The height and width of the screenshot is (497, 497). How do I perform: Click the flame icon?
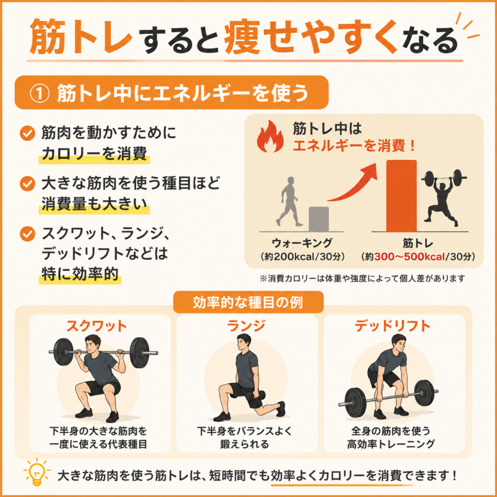(x=270, y=136)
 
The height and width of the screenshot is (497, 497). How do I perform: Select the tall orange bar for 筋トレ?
(x=401, y=196)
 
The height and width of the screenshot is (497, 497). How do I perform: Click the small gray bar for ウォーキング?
(x=318, y=219)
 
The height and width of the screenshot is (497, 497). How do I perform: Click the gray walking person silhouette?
(x=287, y=202)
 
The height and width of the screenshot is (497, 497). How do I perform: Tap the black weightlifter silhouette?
(x=443, y=197)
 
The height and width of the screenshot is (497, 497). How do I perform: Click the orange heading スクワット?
(x=97, y=326)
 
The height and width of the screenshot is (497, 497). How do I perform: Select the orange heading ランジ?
(x=246, y=326)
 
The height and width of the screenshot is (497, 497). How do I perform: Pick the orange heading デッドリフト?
(x=393, y=326)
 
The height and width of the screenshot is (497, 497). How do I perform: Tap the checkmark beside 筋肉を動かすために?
(x=28, y=134)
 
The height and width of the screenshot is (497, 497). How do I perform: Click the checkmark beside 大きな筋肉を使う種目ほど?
(x=28, y=183)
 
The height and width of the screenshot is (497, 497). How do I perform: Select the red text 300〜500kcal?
(x=410, y=257)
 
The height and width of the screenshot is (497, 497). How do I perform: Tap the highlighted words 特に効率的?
(x=80, y=274)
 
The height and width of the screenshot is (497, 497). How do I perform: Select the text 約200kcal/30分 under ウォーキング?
(x=302, y=257)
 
